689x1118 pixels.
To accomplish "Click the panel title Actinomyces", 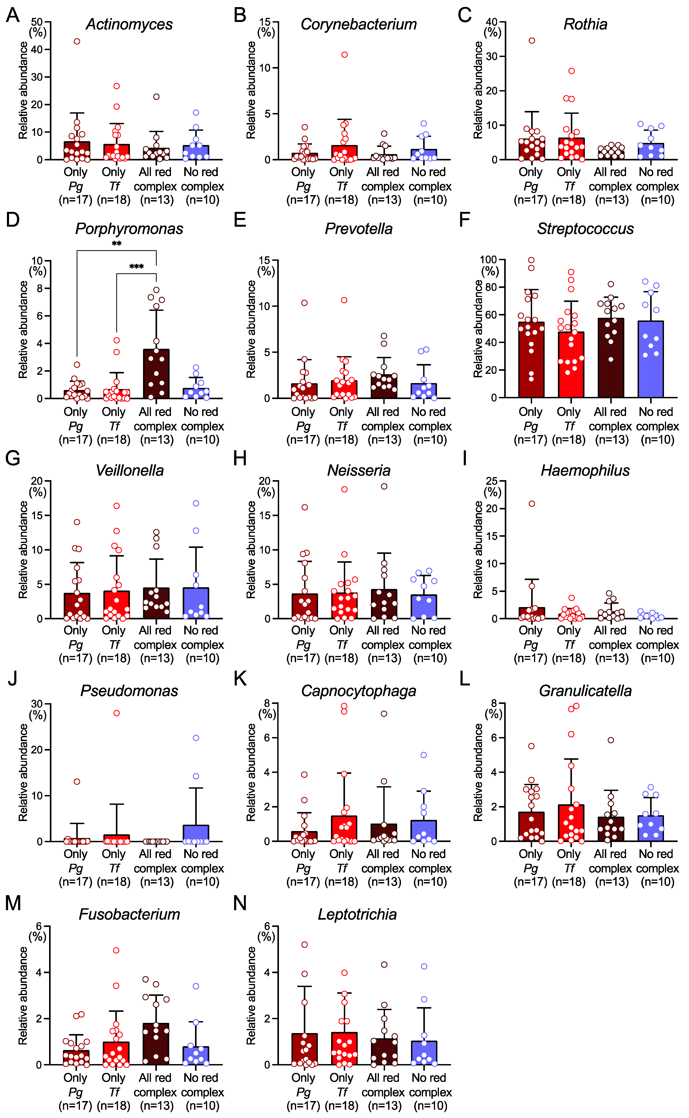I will click(129, 24).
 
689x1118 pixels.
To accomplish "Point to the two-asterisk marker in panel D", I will click(117, 244).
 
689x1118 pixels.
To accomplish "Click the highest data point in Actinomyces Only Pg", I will click(77, 41).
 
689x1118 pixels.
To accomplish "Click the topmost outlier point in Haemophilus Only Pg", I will click(532, 504).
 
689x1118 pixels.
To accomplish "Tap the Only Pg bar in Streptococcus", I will click(531, 360).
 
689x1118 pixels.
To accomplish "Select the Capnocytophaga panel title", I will click(359, 691).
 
